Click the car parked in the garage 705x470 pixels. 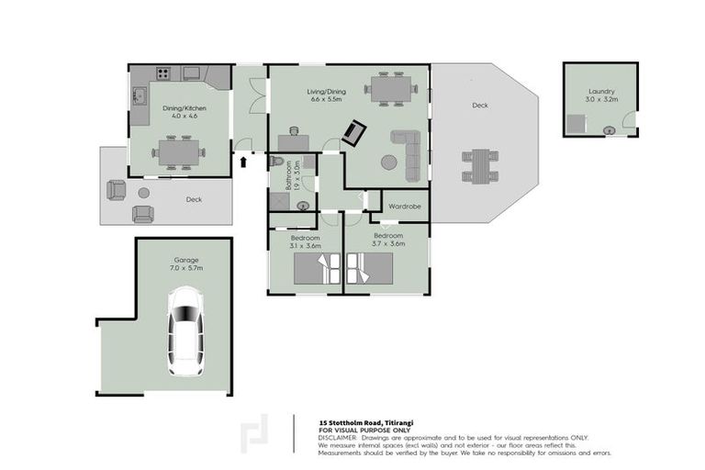pos(186,331)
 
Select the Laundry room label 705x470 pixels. pos(601,92)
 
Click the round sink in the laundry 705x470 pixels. pos(608,130)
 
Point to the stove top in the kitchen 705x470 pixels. pos(163,73)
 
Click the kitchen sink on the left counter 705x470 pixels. pos(140,95)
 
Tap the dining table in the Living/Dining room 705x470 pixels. pos(390,89)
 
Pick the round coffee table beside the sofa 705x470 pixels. pos(389,162)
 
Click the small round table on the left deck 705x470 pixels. pos(143,192)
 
